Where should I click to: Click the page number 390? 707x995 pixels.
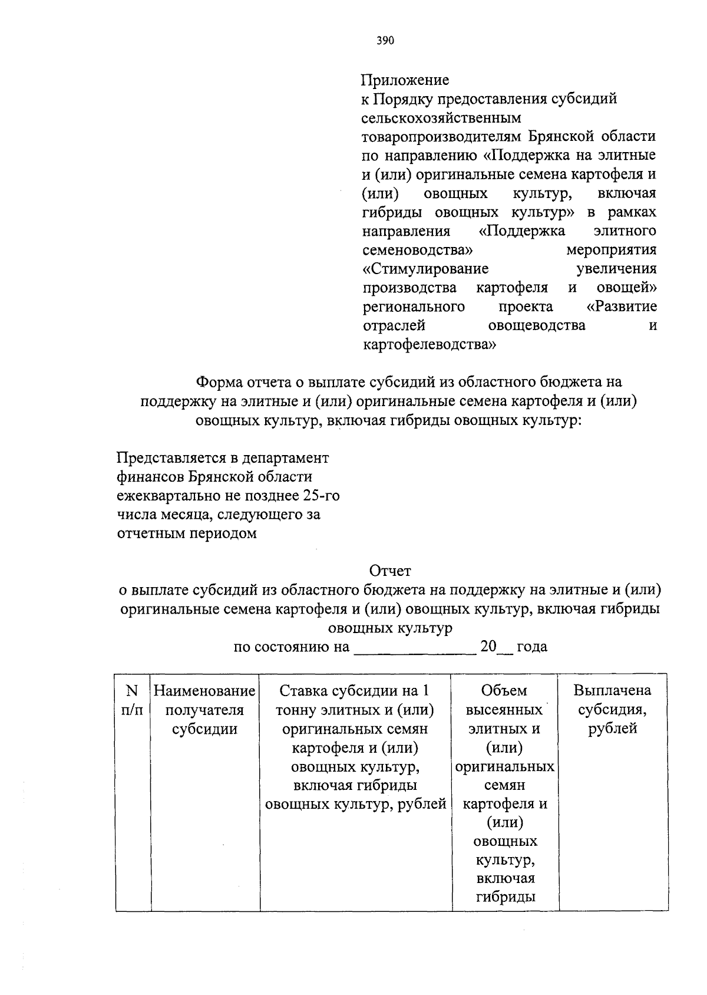tap(385, 41)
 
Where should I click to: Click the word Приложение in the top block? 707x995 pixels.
tap(405, 80)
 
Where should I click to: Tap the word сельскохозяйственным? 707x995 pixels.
tap(441, 118)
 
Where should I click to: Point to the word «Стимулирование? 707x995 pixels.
tap(425, 269)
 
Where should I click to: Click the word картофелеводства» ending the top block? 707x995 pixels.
tap(429, 344)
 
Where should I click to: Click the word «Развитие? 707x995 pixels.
tap(622, 307)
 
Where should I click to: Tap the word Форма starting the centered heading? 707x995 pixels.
tap(219, 383)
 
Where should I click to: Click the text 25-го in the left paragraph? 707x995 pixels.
tap(321, 496)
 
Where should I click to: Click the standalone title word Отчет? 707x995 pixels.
tap(390, 571)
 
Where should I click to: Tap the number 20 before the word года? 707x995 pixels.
tap(489, 647)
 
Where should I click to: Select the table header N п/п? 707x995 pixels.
tap(132, 700)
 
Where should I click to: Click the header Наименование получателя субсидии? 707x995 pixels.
tap(204, 710)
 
